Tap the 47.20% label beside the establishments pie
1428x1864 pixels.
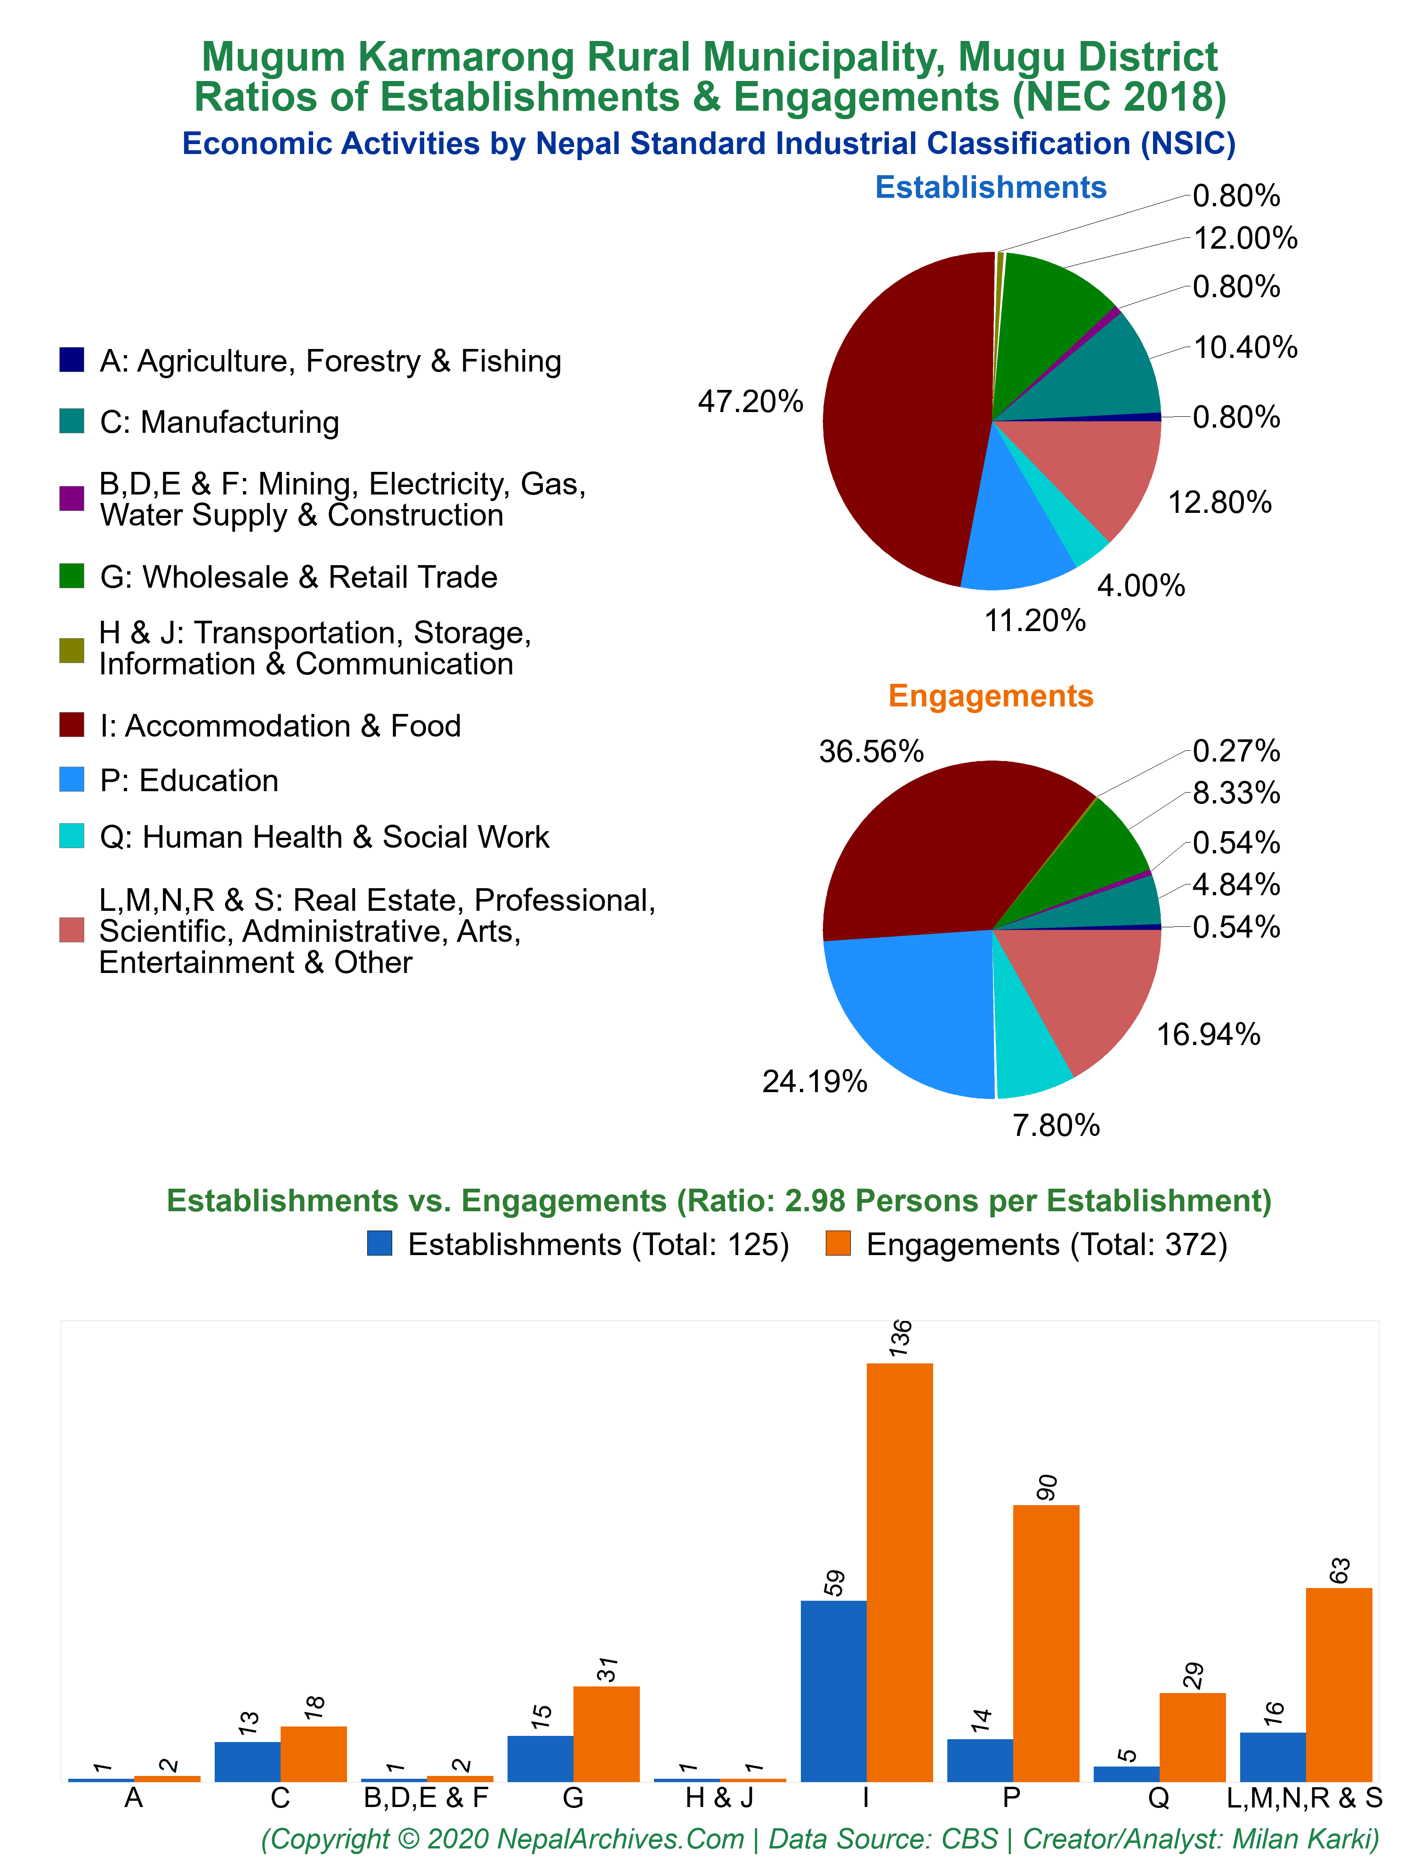pyautogui.click(x=750, y=401)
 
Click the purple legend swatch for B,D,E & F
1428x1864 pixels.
pyautogui.click(x=72, y=498)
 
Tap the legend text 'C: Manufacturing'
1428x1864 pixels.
pyautogui.click(x=219, y=421)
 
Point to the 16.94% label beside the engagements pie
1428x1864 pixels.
pyautogui.click(x=1208, y=1034)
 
